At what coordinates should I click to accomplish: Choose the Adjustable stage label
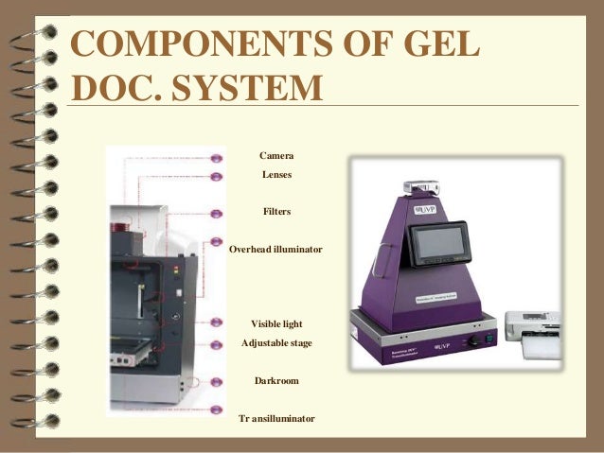click(x=276, y=341)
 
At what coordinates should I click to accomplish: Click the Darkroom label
click(x=276, y=380)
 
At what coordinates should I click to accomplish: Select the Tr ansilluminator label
click(x=276, y=418)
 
